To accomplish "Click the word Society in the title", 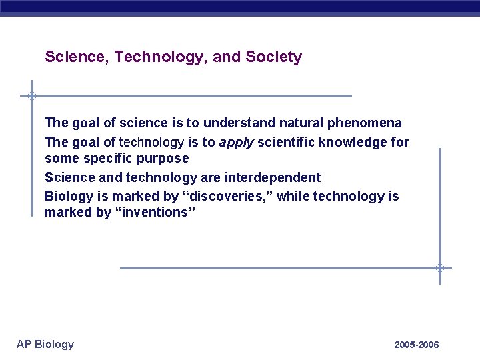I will tap(273, 57).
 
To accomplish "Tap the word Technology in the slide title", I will tap(161, 57).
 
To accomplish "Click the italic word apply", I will tap(236, 142).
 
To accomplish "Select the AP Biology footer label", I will tap(45, 344).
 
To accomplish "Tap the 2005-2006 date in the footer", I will tap(417, 345).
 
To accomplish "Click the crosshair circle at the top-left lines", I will tap(31, 96).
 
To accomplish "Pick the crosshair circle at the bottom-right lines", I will tap(440, 268).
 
